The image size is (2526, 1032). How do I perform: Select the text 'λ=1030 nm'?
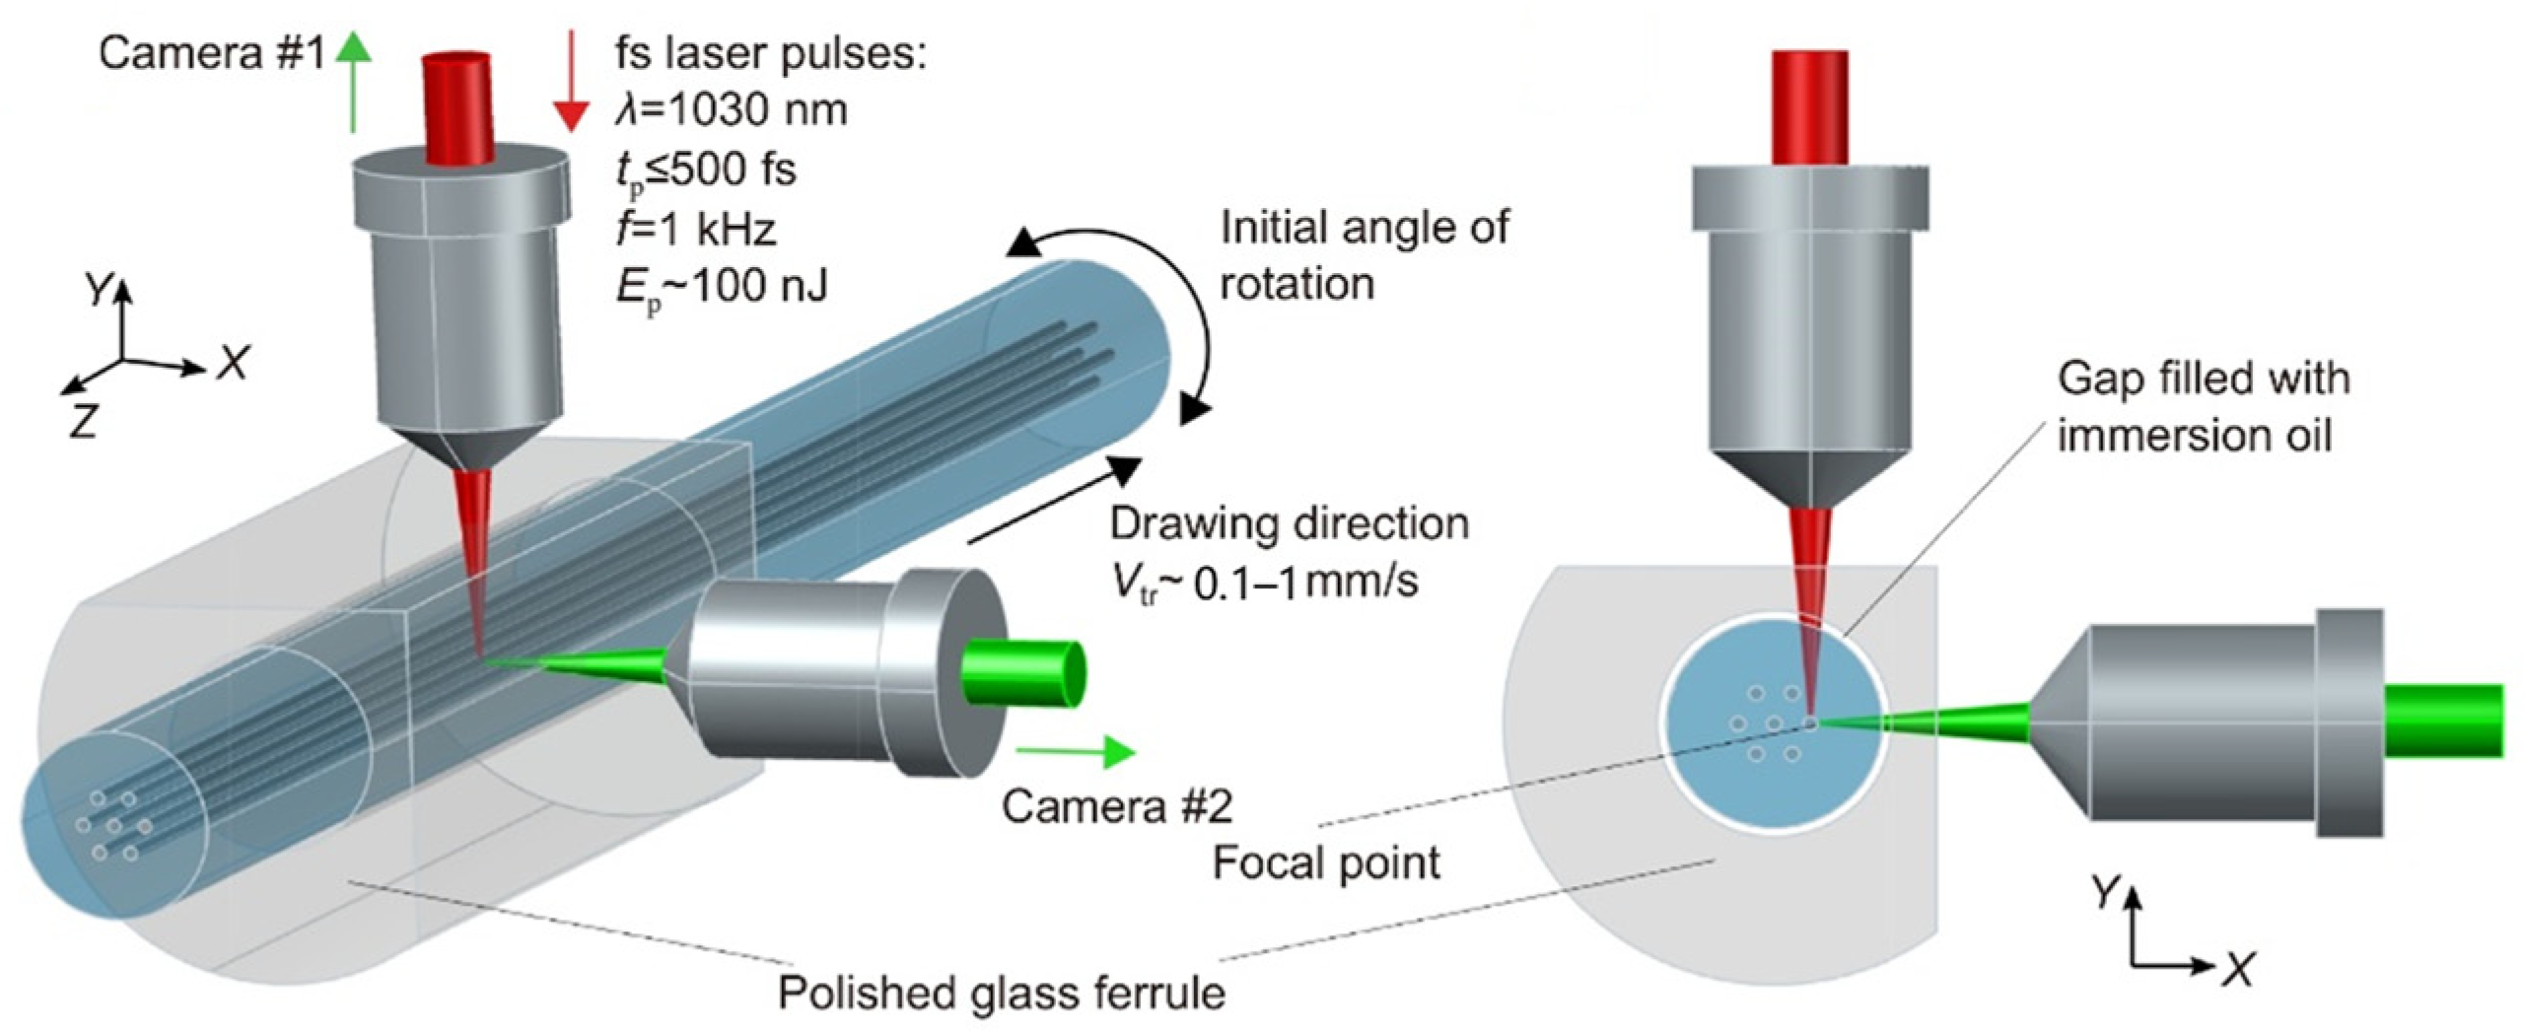tap(731, 109)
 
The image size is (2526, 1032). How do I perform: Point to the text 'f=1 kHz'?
tap(696, 229)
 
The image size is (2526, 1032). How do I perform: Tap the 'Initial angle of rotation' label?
tap(1363, 255)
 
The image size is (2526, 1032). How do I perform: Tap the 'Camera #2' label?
tap(1116, 806)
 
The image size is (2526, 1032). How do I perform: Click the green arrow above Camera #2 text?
tap(1075, 752)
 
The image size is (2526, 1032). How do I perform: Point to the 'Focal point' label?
tap(1325, 863)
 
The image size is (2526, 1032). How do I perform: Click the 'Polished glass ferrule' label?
tap(1001, 993)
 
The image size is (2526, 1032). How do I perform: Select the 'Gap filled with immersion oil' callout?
tap(2203, 406)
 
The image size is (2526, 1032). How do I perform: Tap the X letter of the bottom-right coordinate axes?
tap(2240, 972)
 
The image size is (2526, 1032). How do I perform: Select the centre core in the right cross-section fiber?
tap(1774, 724)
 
